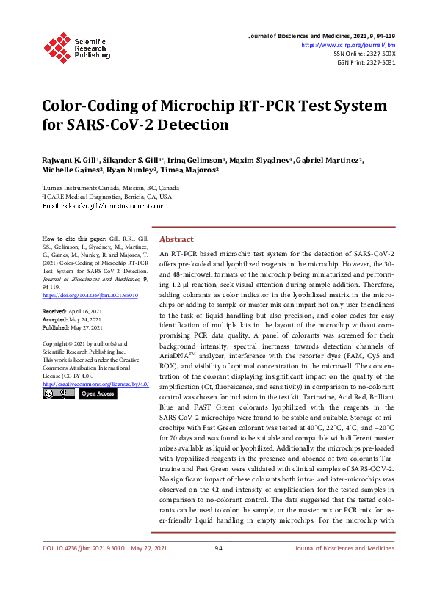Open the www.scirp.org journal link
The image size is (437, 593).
point(348,45)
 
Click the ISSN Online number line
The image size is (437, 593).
point(364,54)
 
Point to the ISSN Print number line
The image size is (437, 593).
point(366,62)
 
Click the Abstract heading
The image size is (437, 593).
point(176,240)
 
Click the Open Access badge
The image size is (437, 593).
point(97,393)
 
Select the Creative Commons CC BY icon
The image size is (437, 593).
point(58,393)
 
